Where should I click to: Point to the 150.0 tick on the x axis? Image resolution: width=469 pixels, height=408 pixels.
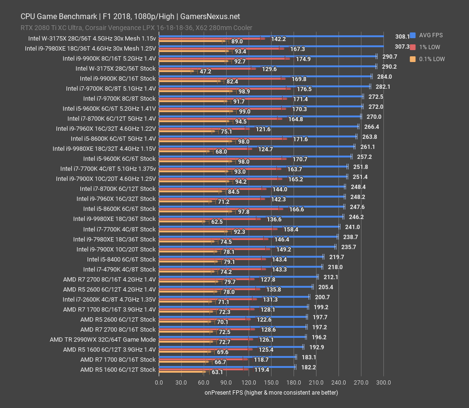(x=271, y=382)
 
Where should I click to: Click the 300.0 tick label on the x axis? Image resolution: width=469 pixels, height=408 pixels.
(x=383, y=382)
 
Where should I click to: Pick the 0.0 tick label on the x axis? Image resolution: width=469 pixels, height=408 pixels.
(x=159, y=382)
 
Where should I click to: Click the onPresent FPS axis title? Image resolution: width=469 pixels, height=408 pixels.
(x=271, y=393)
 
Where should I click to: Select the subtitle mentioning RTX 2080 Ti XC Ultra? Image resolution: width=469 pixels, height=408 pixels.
(x=136, y=28)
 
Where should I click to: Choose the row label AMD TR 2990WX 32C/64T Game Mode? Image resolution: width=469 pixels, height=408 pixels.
(x=103, y=340)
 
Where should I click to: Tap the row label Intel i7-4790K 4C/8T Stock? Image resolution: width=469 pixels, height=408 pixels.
(x=120, y=269)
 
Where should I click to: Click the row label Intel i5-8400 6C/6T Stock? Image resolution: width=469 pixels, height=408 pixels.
(x=121, y=259)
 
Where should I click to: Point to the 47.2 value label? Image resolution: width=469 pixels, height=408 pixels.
(x=206, y=72)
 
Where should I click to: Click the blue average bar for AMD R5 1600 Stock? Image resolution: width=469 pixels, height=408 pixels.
(x=227, y=367)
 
